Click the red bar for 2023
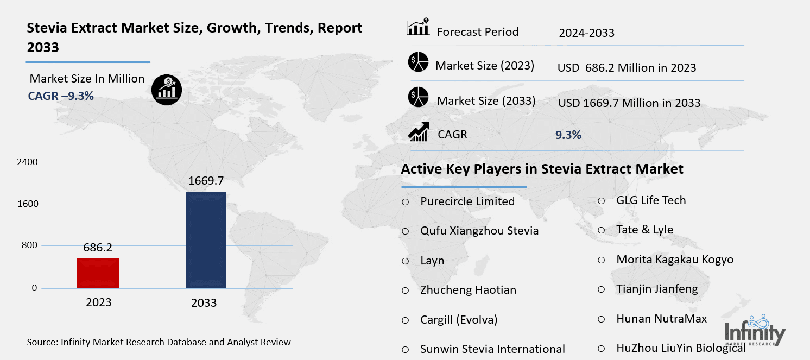pyautogui.click(x=98, y=273)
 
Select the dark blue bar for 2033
pyautogui.click(x=206, y=240)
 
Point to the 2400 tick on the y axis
pyautogui.click(x=31, y=162)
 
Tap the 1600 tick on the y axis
pyautogui.click(x=31, y=204)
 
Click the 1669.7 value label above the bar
pyautogui.click(x=206, y=181)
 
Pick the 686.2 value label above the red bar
pyautogui.click(x=98, y=248)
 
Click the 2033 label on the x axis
pyautogui.click(x=204, y=303)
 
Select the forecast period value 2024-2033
pyautogui.click(x=586, y=33)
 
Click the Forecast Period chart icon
pyautogui.click(x=418, y=27)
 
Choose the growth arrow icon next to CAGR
pyautogui.click(x=419, y=132)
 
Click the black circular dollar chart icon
pyautogui.click(x=166, y=90)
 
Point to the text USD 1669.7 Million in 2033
pyautogui.click(x=629, y=103)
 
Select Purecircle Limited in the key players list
pyautogui.click(x=467, y=201)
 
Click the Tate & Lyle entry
pyautogui.click(x=644, y=230)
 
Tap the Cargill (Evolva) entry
pyautogui.click(x=459, y=319)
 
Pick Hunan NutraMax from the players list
pyautogui.click(x=661, y=319)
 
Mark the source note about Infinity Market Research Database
pyautogui.click(x=159, y=342)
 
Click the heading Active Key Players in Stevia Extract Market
pyautogui.click(x=542, y=169)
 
